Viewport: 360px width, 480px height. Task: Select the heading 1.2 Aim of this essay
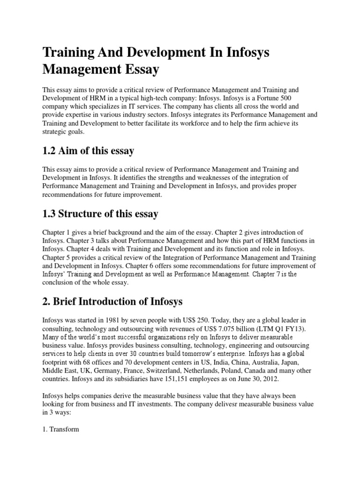click(88, 150)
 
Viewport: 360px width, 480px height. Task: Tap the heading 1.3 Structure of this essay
click(100, 214)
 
